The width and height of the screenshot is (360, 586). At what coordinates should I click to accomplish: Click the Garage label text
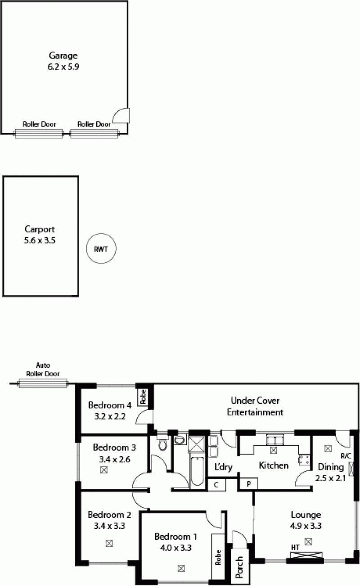pos(63,56)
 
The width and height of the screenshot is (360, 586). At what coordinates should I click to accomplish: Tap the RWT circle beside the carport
pos(101,248)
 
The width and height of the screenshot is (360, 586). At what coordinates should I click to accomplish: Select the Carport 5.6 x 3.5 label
pos(40,234)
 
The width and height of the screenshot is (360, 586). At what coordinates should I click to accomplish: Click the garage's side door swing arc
pos(120,116)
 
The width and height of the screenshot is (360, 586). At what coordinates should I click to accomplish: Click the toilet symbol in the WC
pos(163,446)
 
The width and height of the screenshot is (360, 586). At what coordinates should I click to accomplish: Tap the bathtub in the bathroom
pos(197,471)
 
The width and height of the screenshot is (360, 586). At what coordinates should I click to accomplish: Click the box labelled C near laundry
pos(216,485)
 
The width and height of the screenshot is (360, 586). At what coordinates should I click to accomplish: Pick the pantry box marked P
pos(248,484)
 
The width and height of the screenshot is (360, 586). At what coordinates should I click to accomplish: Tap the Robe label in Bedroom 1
pos(218,557)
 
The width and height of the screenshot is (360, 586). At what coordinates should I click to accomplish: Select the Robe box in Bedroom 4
pos(143,397)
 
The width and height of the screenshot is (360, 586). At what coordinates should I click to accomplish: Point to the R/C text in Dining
pos(346,456)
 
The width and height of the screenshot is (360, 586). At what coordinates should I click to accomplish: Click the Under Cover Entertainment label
pos(255,406)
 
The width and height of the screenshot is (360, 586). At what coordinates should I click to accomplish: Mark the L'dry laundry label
pos(223,467)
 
